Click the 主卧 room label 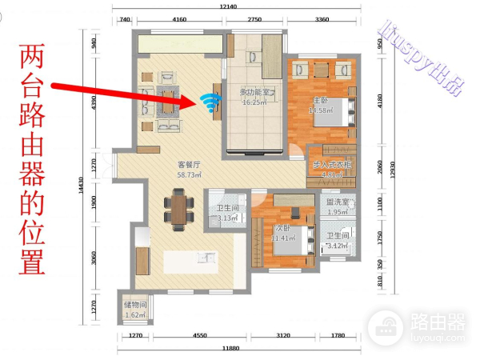click(319, 101)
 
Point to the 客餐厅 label click(189, 166)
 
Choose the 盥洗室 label click(336, 202)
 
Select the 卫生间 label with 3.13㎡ click(226, 210)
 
